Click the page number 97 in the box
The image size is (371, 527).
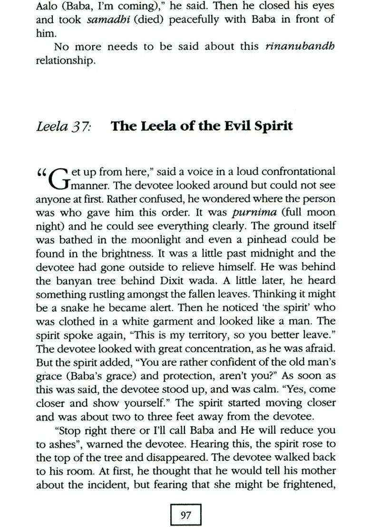click(185, 515)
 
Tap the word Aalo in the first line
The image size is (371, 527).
click(49, 7)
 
